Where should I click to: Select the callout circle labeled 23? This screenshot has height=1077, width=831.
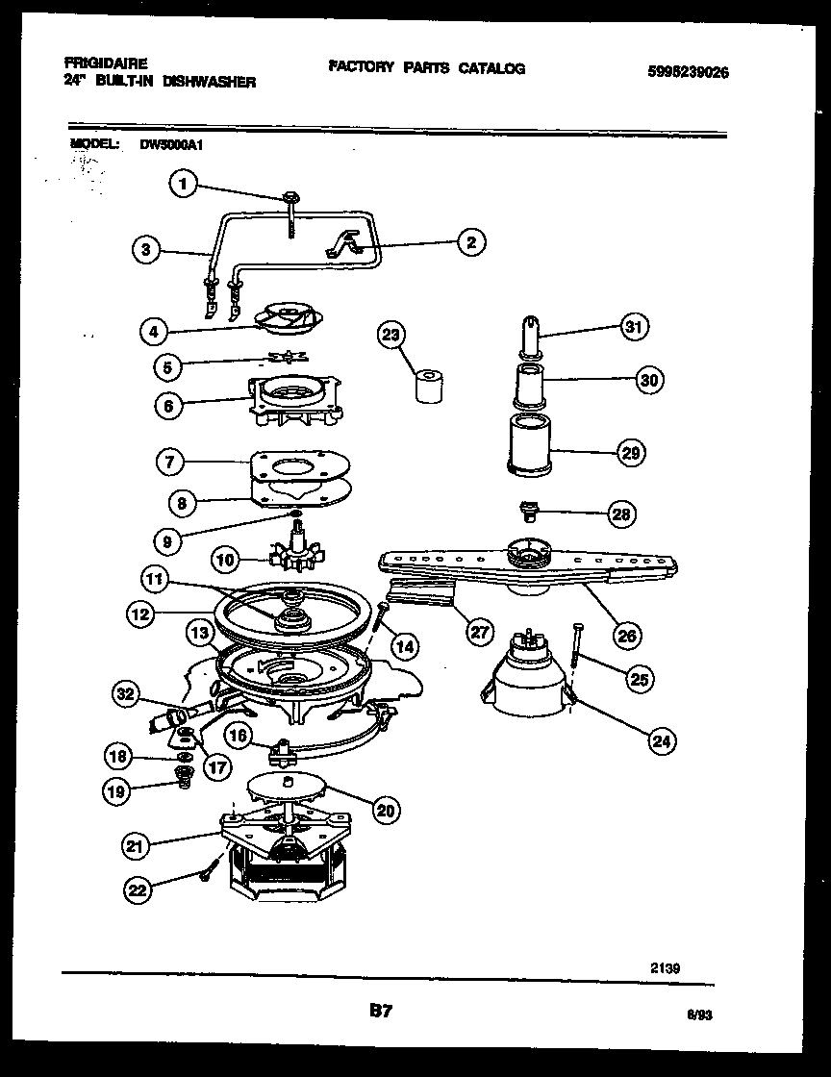click(390, 335)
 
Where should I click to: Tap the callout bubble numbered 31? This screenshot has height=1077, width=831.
click(633, 326)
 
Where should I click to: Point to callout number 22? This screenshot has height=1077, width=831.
click(138, 891)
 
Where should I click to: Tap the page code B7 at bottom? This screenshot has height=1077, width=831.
click(382, 1011)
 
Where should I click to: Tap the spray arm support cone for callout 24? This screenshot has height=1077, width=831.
click(527, 678)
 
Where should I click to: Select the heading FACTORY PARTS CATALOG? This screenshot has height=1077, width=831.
click(426, 68)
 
